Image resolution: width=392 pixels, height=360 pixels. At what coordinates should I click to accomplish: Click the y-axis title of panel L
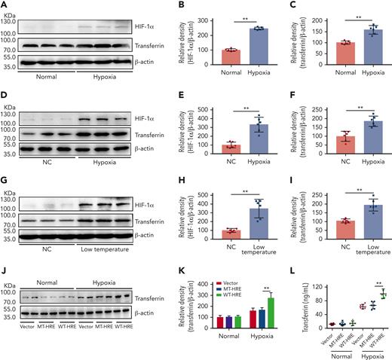[287, 301]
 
